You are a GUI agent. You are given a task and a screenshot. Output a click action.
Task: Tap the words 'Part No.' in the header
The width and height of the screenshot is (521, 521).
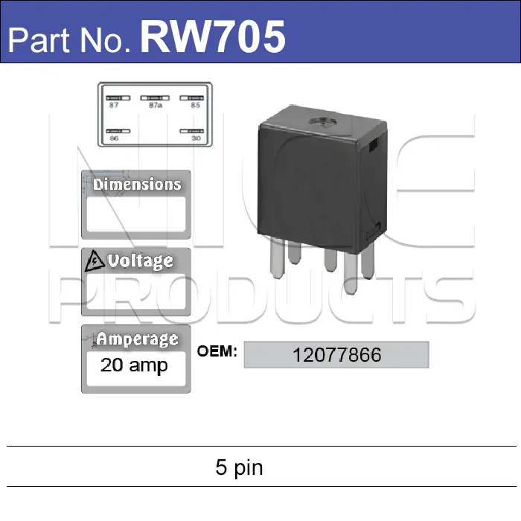coord(71,39)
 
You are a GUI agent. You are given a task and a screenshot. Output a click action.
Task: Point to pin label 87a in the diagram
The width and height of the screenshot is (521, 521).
coord(156,106)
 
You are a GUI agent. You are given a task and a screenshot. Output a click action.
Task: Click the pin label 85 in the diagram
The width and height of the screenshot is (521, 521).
coord(195,106)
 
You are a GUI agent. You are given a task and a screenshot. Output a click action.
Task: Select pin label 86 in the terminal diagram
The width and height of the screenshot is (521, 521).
coord(114,138)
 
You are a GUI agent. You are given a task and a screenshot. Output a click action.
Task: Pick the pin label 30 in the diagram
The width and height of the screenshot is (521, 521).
coord(196,138)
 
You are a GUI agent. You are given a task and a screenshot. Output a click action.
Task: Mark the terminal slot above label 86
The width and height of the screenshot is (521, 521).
coord(115,131)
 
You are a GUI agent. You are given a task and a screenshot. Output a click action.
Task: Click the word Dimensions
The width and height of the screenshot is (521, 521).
coord(137,184)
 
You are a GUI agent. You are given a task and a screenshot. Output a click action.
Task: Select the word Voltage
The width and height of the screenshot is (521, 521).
coord(140,261)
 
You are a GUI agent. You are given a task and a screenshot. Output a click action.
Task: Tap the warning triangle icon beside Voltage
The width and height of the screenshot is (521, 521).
coord(95,261)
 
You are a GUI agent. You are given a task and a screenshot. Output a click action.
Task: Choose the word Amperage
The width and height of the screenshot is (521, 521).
coord(137,339)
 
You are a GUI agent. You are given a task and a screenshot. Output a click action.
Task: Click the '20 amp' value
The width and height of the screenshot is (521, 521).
coord(134,365)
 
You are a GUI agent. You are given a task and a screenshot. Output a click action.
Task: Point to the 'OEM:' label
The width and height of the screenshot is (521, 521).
coord(217,351)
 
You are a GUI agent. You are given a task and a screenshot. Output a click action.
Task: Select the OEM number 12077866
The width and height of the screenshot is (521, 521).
coord(336,354)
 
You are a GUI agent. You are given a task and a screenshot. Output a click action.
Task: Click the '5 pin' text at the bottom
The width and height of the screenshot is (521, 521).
coord(239,467)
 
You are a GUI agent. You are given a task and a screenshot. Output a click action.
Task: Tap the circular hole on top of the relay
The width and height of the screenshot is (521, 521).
coord(323,124)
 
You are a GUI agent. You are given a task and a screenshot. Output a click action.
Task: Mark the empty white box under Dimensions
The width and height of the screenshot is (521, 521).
coord(135,215)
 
